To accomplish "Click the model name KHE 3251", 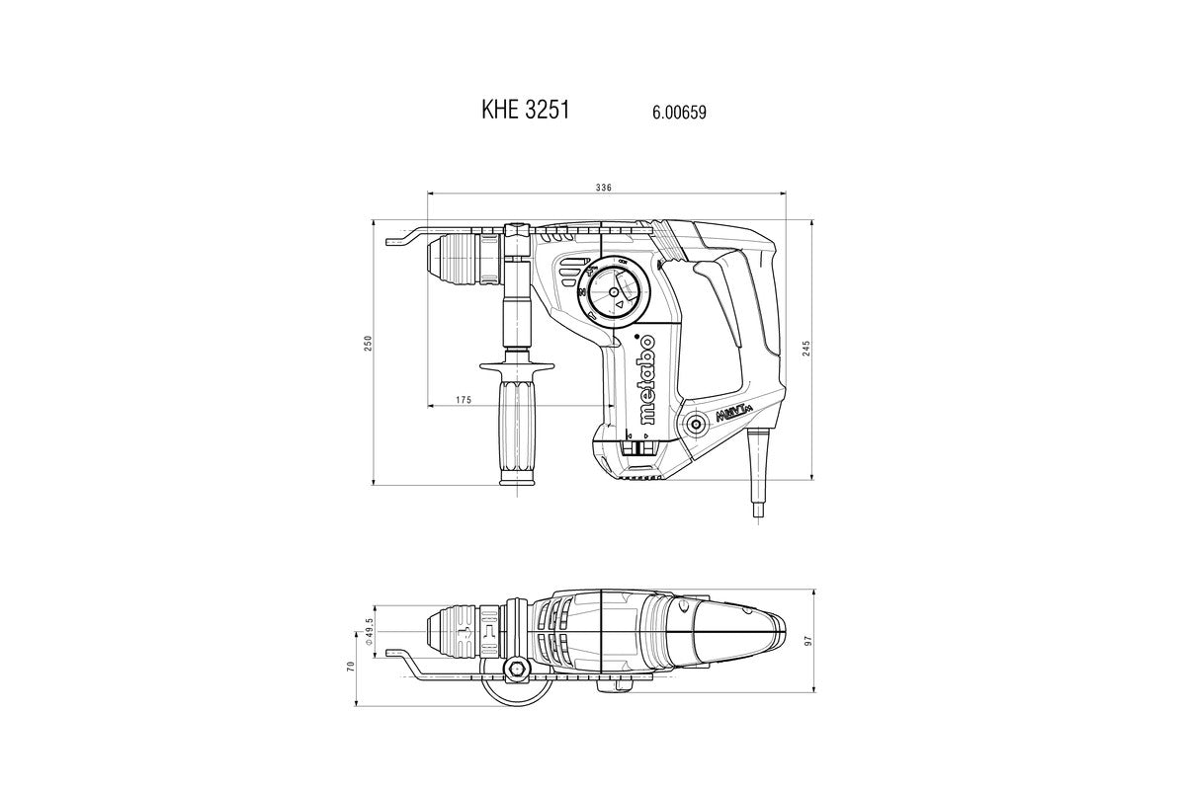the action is pos(525,110).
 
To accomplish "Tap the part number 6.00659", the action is pos(679,113).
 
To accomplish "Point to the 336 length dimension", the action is pos(603,188).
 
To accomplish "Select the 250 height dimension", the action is pos(369,343).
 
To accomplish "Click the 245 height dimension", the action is pos(806,348).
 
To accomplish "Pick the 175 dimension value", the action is pos(464,400).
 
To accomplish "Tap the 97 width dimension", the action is pos(808,641).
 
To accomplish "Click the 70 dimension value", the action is pos(350,667).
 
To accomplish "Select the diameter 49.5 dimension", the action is pos(369,631).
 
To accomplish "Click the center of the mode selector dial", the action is pos(614,292).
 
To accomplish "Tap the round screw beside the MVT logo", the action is pos(694,424).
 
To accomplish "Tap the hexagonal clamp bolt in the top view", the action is pos(516,670).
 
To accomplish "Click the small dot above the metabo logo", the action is pos(635,335).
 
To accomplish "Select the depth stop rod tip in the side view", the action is pos(389,242).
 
